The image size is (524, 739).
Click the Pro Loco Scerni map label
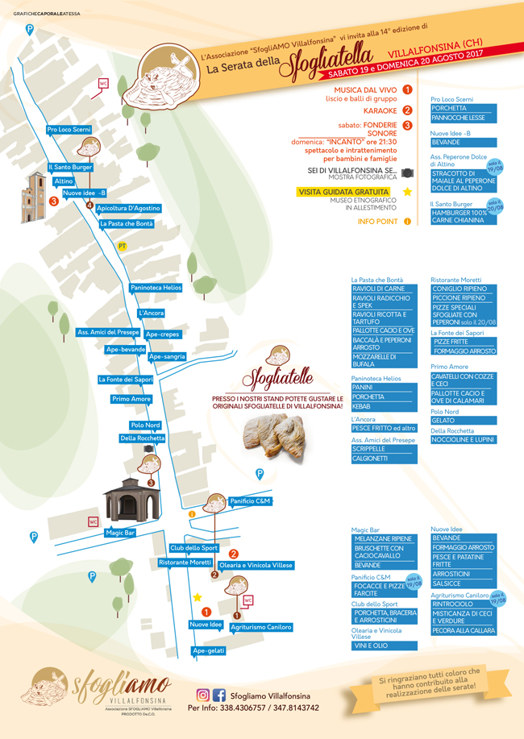click(x=69, y=129)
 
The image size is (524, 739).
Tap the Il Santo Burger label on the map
click(x=71, y=168)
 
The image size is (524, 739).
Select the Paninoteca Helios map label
click(x=156, y=288)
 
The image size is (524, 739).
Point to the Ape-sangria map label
click(x=167, y=356)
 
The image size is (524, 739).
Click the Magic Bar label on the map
click(x=119, y=533)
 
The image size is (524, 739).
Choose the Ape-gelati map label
click(x=209, y=650)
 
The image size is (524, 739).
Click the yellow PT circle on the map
click(x=122, y=245)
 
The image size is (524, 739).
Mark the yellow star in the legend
click(x=407, y=192)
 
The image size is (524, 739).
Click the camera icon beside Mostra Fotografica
click(x=407, y=173)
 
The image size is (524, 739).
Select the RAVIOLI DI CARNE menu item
click(x=384, y=289)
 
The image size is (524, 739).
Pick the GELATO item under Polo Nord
click(x=463, y=421)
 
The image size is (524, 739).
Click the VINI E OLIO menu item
click(x=384, y=646)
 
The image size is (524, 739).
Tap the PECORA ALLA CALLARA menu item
click(x=463, y=630)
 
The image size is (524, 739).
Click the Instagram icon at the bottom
click(x=203, y=695)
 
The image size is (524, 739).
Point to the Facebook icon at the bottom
click(x=218, y=695)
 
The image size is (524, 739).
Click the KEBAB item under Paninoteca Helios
click(x=384, y=406)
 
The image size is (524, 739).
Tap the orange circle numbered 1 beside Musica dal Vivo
click(x=407, y=90)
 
